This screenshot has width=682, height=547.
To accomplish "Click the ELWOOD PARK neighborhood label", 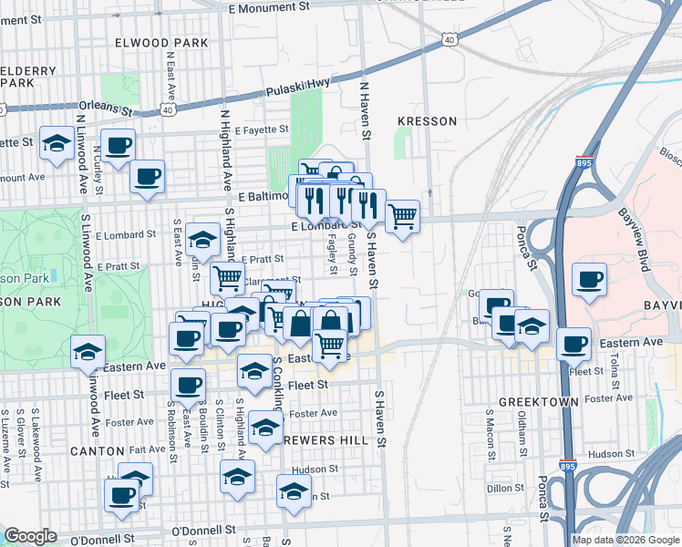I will coord(155,43).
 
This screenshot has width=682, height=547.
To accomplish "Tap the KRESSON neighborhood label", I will coord(428,120).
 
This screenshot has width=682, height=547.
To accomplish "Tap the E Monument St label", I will coord(270,7).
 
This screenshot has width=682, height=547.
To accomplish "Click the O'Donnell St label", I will coord(203,529).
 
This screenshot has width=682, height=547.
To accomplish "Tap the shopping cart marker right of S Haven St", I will coord(402,217).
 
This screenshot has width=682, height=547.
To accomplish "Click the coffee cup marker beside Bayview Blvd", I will coord(590,278).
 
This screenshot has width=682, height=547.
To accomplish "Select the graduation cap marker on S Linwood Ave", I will coord(88,350).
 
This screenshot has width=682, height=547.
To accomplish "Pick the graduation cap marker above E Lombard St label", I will coord(201,240).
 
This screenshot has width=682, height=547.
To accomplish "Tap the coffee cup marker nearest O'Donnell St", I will coord(122,495).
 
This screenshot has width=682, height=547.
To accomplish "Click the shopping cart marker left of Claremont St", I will coord(227,278).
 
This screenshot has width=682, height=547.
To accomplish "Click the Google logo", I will coord(30,536).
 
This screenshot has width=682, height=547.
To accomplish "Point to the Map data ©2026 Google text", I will coord(625,540).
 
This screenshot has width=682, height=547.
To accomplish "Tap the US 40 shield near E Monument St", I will coord(449,39).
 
